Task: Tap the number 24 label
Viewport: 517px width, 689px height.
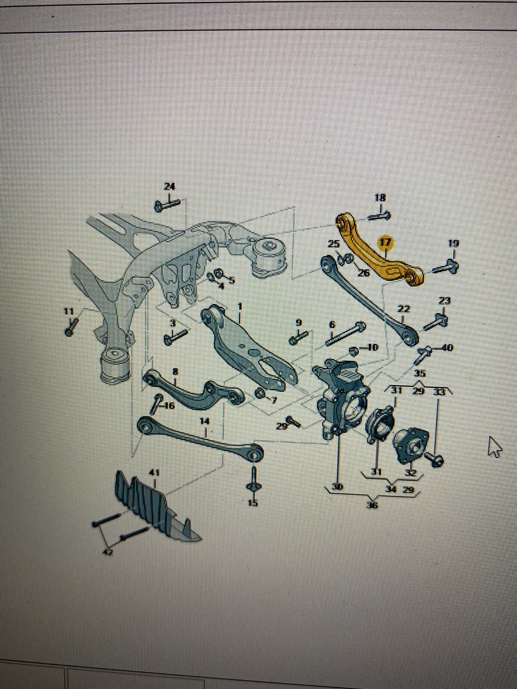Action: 170,186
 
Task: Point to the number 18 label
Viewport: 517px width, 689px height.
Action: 380,198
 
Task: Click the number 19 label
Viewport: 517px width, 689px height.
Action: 453,243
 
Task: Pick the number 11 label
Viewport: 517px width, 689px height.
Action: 69,310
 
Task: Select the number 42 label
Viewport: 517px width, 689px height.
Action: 109,552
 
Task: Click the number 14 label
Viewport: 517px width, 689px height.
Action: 204,421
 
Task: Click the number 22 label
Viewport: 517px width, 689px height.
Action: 403,309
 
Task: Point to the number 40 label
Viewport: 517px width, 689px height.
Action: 447,347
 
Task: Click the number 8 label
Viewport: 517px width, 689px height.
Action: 175,371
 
